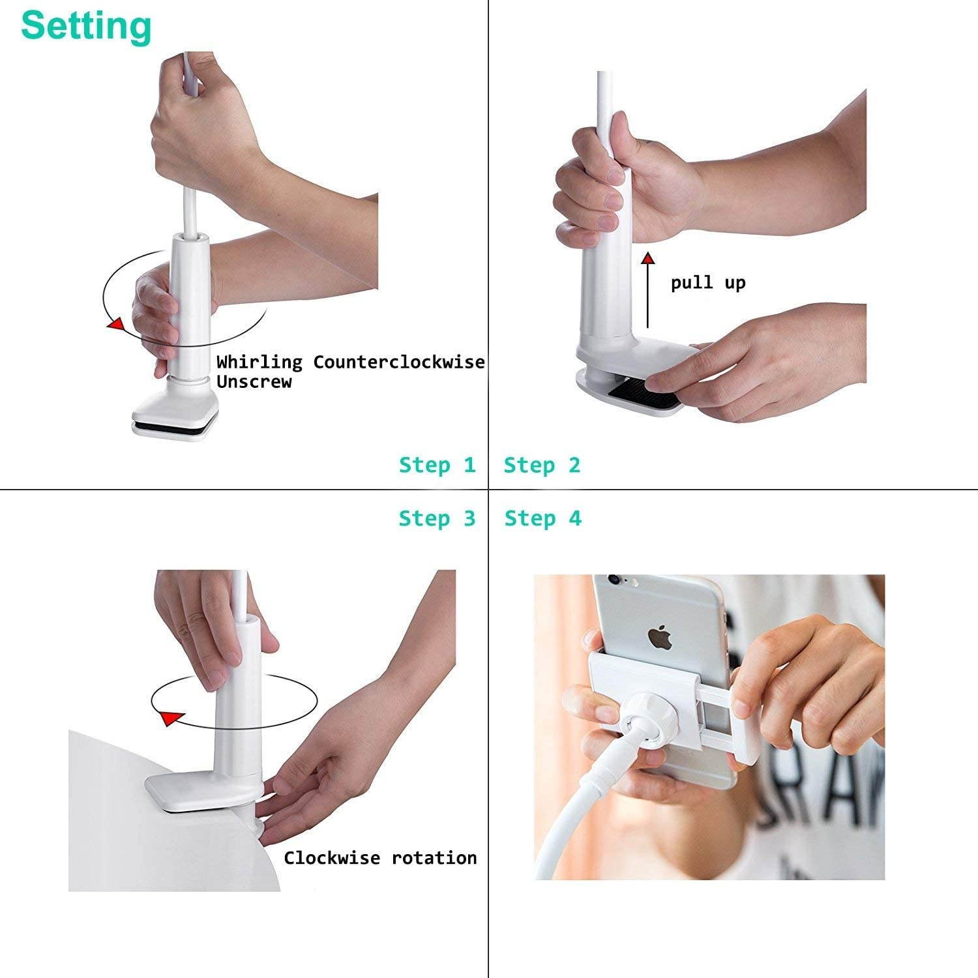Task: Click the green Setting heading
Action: click(86, 26)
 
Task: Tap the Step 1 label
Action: click(437, 465)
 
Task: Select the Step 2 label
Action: click(542, 465)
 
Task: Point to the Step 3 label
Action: click(437, 518)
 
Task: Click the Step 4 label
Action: click(542, 518)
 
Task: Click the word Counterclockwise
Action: click(398, 362)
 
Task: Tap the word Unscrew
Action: click(254, 381)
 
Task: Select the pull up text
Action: click(708, 283)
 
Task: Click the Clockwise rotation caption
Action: click(380, 857)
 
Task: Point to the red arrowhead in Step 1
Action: click(115, 324)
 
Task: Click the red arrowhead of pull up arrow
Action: click(647, 258)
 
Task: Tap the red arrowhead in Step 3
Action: click(171, 719)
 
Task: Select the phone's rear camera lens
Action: click(612, 579)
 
